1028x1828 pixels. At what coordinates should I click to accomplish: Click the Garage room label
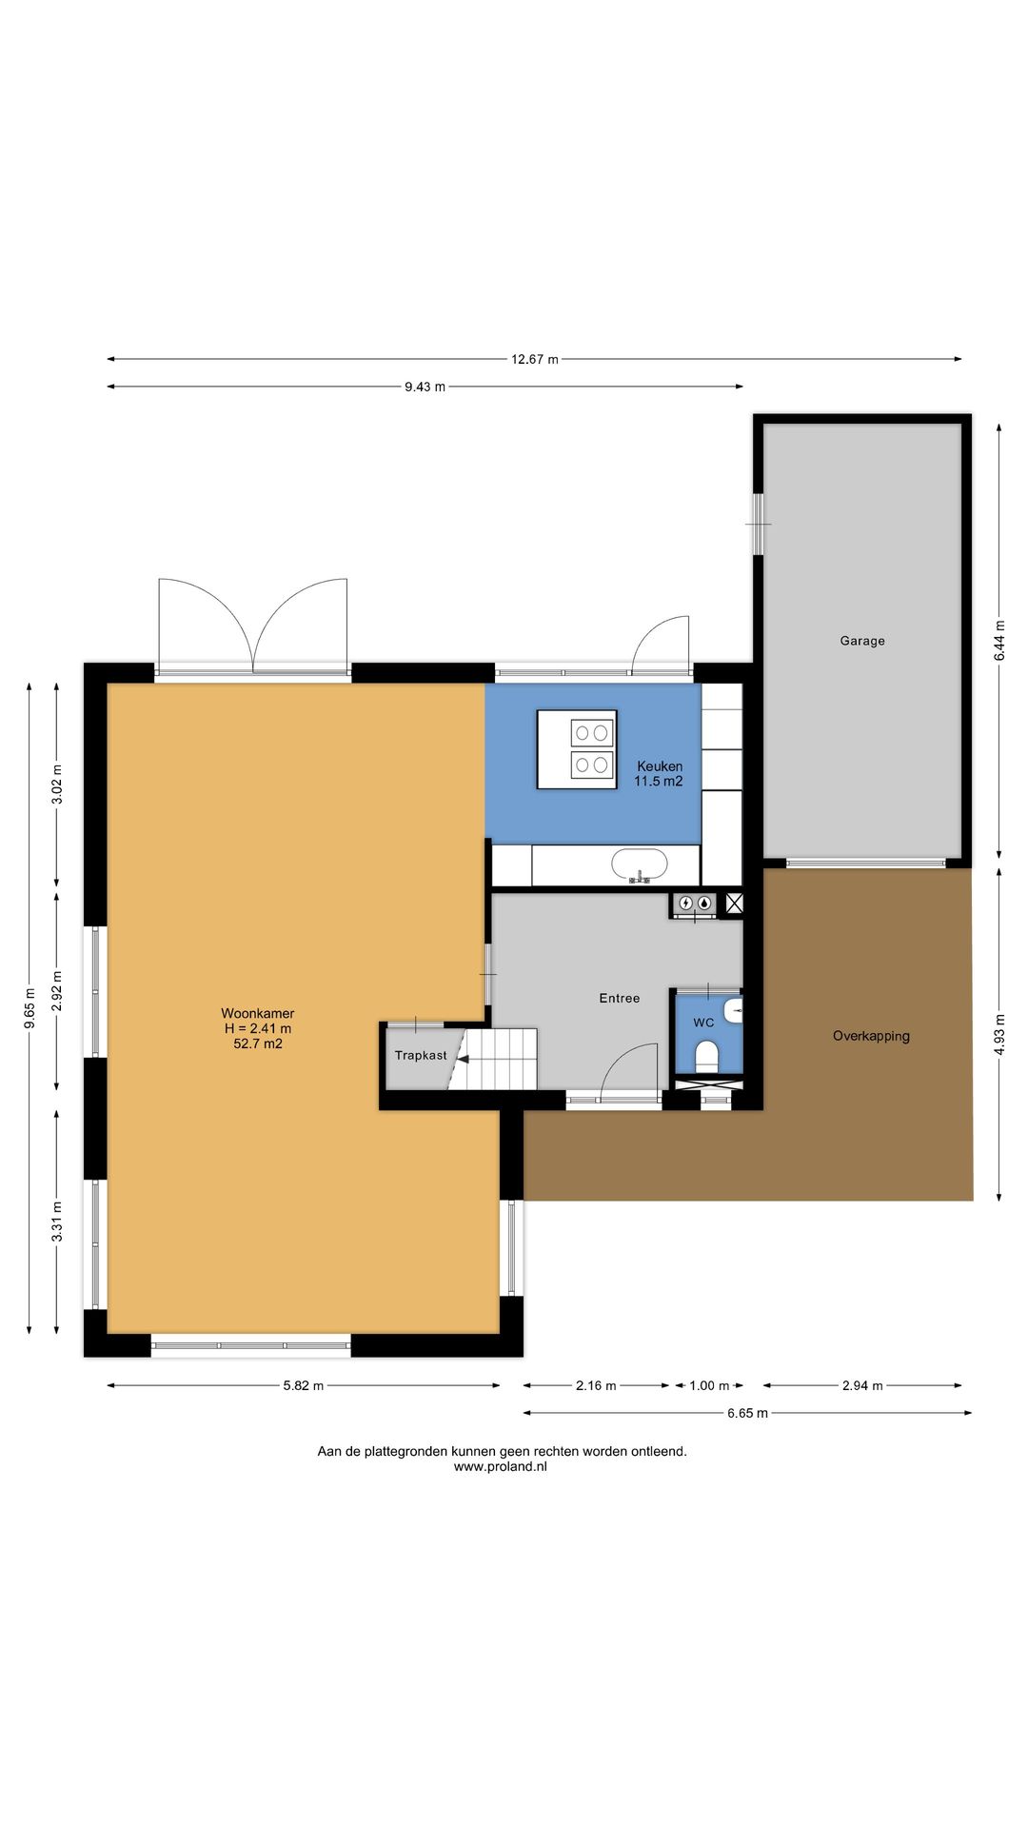point(861,641)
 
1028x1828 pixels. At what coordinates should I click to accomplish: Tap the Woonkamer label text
point(257,1013)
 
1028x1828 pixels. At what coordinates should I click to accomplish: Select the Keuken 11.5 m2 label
point(659,773)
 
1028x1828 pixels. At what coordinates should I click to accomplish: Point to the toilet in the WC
point(706,1056)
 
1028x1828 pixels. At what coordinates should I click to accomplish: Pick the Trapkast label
point(421,1056)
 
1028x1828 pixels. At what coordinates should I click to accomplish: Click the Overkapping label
point(871,1036)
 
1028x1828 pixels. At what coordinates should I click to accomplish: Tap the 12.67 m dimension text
point(534,359)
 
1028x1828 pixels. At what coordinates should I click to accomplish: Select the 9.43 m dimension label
point(425,387)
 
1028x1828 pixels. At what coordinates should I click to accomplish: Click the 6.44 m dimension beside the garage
point(998,641)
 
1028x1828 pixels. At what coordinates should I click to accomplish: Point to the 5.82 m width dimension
point(303,1385)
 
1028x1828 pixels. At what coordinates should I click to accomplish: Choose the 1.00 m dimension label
point(708,1385)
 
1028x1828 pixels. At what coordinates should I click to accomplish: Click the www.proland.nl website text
point(501,1467)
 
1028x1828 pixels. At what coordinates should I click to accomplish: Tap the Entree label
point(619,998)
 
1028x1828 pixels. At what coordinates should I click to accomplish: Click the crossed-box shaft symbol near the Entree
point(734,904)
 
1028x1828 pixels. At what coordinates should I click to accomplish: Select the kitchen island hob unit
point(577,749)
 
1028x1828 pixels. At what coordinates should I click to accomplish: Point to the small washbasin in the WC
point(733,1010)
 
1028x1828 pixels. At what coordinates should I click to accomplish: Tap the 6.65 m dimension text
point(747,1413)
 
